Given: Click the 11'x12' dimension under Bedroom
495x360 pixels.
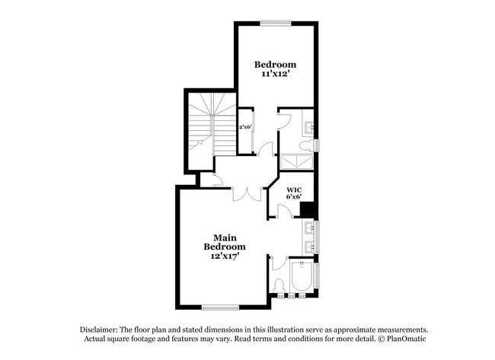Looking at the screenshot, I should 275,76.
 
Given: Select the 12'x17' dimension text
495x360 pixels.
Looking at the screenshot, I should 225,256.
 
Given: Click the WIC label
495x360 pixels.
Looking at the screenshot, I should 294,190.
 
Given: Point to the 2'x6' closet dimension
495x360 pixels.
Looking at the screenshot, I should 245,127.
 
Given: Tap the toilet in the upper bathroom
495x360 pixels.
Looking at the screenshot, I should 306,145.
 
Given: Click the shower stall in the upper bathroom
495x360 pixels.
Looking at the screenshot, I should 296,161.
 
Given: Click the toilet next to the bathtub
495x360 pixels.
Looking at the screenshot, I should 279,285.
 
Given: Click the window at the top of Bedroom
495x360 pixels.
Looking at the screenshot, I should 275,23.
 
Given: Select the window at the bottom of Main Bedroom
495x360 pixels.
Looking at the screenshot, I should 220,307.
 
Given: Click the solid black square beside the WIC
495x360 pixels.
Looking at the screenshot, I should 308,210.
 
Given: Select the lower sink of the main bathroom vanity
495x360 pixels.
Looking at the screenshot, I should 309,246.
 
